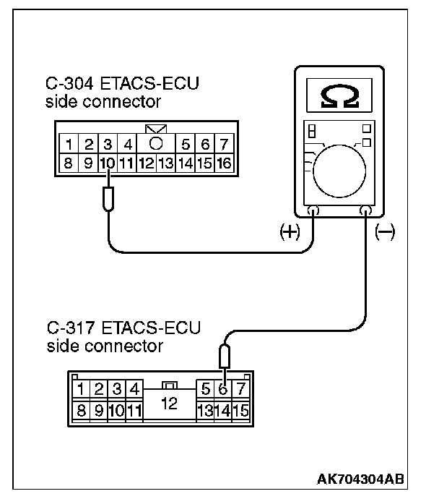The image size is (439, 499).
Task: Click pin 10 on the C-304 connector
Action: click(108, 163)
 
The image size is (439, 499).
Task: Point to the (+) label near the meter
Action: click(289, 233)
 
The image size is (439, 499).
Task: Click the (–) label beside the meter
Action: click(386, 233)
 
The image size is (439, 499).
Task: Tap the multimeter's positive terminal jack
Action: click(314, 211)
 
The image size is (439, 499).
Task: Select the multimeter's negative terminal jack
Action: click(365, 211)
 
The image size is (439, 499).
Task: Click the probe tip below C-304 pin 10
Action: click(108, 197)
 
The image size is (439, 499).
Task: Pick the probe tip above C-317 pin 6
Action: click(225, 356)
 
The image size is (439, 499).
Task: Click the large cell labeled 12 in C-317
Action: click(169, 404)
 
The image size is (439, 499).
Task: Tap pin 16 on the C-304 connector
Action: click(224, 163)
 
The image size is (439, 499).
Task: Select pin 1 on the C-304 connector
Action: click(69, 145)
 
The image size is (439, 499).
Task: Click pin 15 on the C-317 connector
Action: click(240, 410)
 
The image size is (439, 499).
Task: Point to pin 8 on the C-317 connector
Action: click(82, 410)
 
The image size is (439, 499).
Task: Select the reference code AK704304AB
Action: click(360, 479)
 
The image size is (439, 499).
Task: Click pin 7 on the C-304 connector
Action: click(224, 145)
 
